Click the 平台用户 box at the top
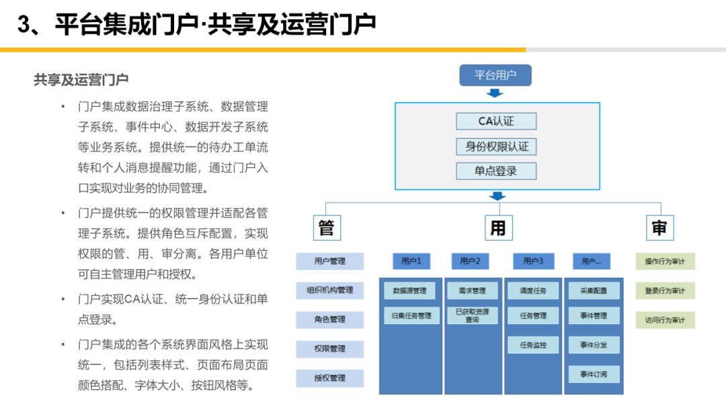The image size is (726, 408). coord(495,75)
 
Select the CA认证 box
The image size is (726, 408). coord(496,121)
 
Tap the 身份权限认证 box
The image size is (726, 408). coord(496,146)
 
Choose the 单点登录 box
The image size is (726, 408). coord(496,170)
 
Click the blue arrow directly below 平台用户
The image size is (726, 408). coord(495,93)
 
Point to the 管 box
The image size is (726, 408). coord(326,228)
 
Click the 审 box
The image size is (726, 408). coord(659,228)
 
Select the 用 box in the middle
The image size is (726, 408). coord(497,228)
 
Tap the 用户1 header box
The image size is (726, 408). coord(411,261)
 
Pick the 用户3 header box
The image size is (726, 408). coord(533,261)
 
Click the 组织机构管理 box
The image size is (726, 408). coord(330,291)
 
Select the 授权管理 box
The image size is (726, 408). coord(330,378)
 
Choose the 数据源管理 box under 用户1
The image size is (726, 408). coord(409,291)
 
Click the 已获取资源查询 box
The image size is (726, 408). coord(472,315)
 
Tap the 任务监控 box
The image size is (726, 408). coord(533,346)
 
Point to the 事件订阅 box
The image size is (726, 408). coord(594,374)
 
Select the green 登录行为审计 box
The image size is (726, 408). coord(665,291)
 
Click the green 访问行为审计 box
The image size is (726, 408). coord(665,320)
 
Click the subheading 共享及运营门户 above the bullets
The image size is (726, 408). coord(81,80)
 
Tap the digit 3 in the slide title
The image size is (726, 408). coord(24,25)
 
